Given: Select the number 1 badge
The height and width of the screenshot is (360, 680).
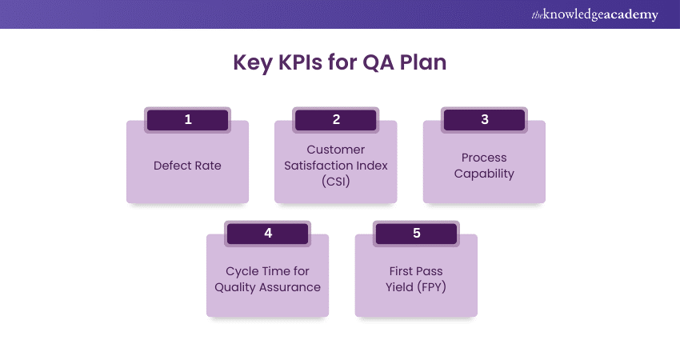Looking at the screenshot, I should coord(188,120).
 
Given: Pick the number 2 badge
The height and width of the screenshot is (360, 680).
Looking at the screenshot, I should coord(336,120).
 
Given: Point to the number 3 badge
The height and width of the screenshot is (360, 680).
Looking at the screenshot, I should coord(484,120).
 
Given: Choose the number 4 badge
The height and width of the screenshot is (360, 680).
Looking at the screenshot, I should coord(268,234).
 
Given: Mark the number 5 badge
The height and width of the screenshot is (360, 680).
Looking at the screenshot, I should coord(416,234).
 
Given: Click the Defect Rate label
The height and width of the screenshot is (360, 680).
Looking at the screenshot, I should coord(187,166).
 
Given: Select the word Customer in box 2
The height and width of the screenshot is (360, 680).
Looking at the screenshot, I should coord(336,150).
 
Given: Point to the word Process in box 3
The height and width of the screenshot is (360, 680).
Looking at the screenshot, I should coord(484,158).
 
